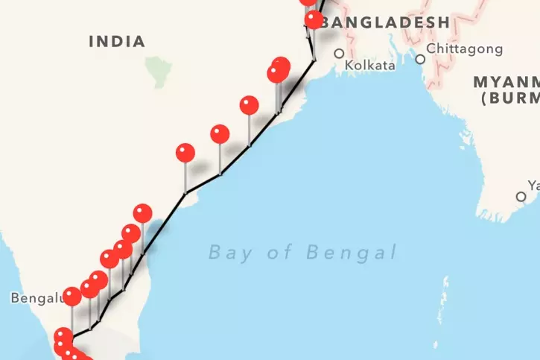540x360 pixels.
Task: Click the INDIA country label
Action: point(117,41)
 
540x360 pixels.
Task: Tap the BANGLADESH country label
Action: point(387,22)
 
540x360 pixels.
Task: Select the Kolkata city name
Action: point(370,66)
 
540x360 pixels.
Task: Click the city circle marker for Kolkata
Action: point(340,54)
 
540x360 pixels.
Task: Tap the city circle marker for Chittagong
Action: point(421,59)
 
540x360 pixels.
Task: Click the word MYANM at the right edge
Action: point(506,80)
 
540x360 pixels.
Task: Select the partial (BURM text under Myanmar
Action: point(509,97)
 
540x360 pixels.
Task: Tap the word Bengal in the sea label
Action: point(351,253)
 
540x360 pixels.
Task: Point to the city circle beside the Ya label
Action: point(521,197)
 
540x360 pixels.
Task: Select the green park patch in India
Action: point(158,72)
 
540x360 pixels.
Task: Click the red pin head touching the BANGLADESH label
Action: point(314,19)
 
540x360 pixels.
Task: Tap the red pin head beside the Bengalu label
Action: point(72,297)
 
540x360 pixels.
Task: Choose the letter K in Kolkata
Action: point(349,66)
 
